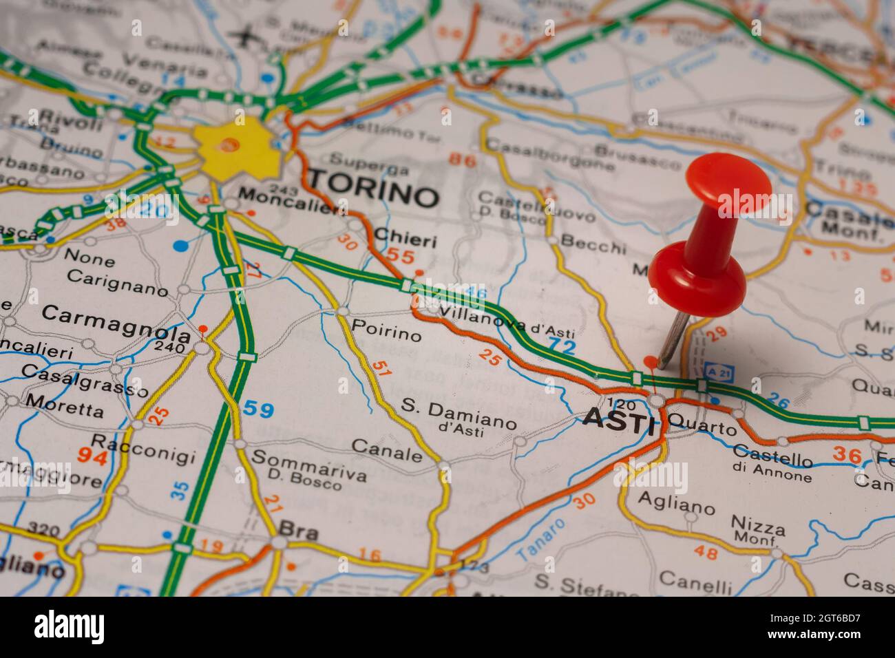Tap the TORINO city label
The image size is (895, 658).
pyautogui.click(x=372, y=188)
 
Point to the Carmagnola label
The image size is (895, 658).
pyautogui.click(x=115, y=323)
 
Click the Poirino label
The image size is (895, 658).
pyautogui.click(x=386, y=330)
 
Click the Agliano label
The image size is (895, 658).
pyautogui.click(x=676, y=502)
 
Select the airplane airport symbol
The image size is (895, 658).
pyautogui.click(x=243, y=35)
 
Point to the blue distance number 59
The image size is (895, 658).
pyautogui.click(x=258, y=410)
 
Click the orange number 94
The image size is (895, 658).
pyautogui.click(x=92, y=456)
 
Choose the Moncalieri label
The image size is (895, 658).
pyautogui.click(x=292, y=202)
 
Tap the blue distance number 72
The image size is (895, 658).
pyautogui.click(x=561, y=346)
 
